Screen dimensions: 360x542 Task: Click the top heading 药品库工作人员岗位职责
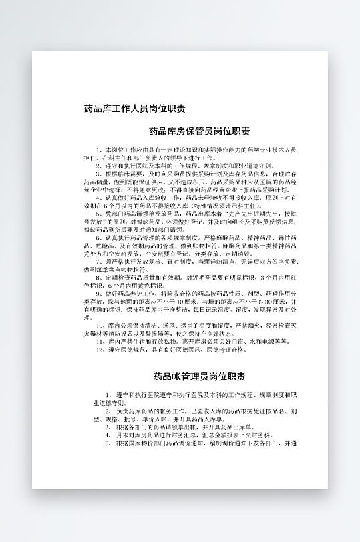pyautogui.click(x=135, y=108)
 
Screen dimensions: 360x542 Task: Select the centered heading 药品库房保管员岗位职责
pyautogui.click(x=199, y=131)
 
